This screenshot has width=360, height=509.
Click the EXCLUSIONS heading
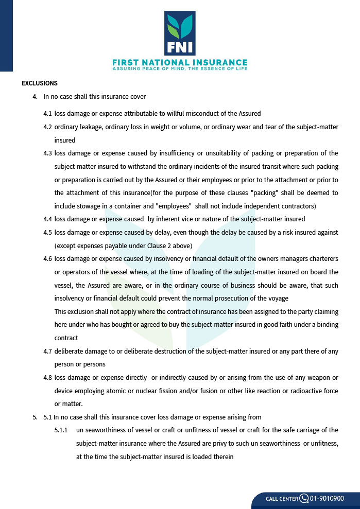40,83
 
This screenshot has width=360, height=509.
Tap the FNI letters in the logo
180,47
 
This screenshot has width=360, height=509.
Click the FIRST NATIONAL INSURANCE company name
180,62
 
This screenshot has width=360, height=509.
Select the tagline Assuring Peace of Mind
180,68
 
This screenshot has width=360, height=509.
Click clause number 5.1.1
61,430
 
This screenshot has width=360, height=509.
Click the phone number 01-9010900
327,498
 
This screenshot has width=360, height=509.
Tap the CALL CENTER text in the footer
282,499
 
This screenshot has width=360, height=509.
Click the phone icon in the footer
304,498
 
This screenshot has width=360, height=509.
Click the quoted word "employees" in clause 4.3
176,206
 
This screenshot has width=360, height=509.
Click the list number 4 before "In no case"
35,97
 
